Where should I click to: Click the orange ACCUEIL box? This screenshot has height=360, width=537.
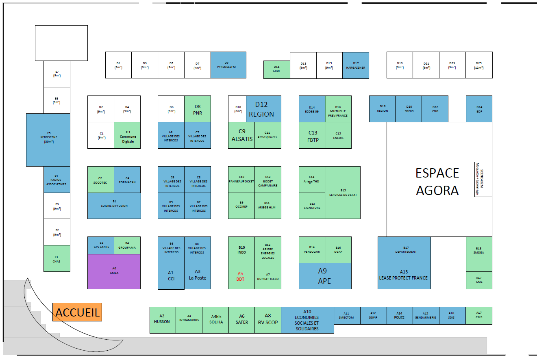coord(77,312)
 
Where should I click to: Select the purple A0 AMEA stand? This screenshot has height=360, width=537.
coord(114,271)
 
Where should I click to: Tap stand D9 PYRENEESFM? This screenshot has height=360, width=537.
coord(228,65)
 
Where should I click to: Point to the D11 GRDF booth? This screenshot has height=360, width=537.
coord(276,69)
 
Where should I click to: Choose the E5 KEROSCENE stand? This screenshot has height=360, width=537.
coord(48,140)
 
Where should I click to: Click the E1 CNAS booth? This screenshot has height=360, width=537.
coord(57,258)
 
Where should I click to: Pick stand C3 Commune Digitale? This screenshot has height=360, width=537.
coord(127,135)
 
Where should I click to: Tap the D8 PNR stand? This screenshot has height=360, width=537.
coord(198,109)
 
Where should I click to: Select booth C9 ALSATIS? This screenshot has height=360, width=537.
coord(241,135)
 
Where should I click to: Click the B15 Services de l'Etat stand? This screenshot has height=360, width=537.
coord(343,193)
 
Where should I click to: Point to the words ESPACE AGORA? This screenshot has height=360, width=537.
coord(437,182)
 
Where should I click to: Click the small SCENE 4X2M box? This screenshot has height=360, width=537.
coord(483,179)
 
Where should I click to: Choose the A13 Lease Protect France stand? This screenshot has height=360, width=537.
coord(404,276)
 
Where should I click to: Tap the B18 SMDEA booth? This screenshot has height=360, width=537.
coord(479,254)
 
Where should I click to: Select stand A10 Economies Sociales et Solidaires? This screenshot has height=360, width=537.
coord(307,320)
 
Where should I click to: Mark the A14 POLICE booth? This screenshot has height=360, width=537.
coord(399,316)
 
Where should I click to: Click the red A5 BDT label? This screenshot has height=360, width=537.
coord(241,276)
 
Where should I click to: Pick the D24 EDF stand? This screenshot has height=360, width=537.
coord(479,109)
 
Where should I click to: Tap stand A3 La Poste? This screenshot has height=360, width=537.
coord(198,276)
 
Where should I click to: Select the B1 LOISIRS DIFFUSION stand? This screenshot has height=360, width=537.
coord(114,206)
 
